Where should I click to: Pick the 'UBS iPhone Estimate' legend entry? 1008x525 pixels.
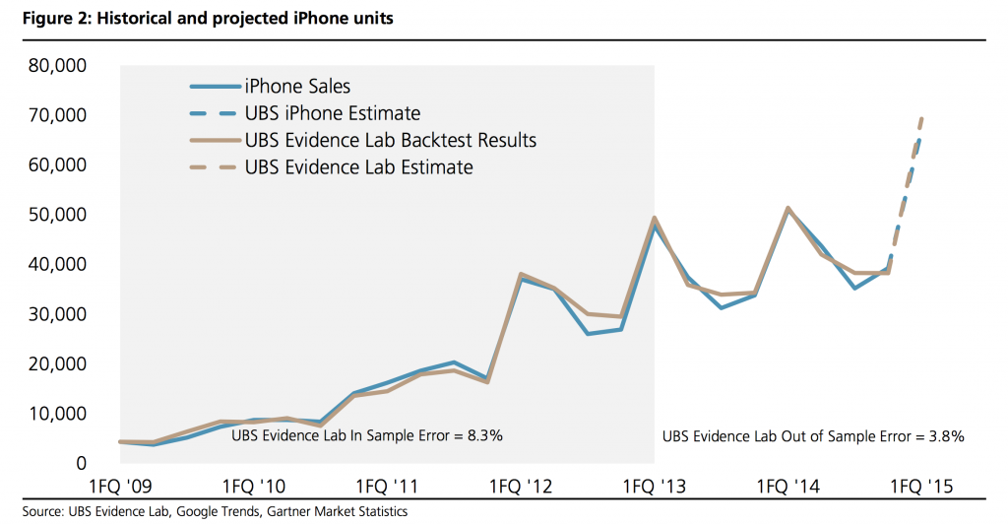332,113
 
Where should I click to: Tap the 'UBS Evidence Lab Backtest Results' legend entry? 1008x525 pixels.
390,140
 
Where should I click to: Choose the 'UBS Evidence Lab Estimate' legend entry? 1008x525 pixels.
358,166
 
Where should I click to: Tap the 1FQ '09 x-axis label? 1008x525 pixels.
120,487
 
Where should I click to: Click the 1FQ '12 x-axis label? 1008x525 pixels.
521,487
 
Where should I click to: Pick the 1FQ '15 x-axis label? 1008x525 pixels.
920,487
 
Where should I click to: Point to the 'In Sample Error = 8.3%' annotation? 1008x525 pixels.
366,434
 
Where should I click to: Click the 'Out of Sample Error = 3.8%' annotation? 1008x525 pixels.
813,435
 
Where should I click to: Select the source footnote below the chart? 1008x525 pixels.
214,512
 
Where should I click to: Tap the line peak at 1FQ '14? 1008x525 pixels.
787,208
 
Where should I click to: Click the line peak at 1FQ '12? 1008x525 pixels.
521,275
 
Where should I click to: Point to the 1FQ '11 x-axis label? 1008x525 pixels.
387,487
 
